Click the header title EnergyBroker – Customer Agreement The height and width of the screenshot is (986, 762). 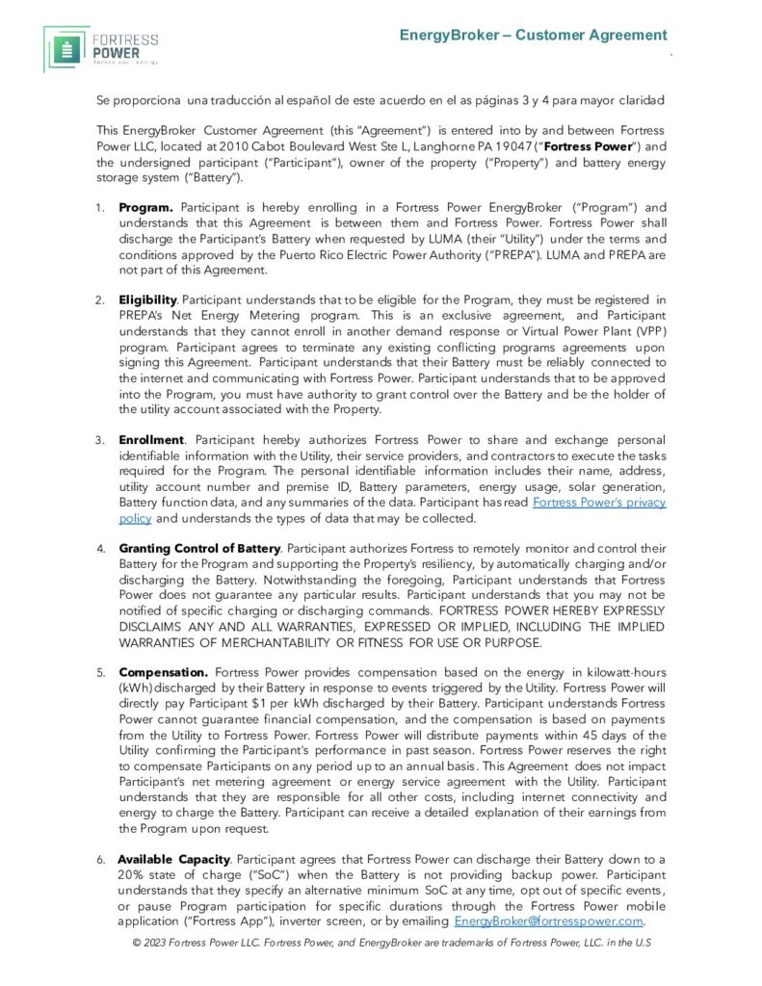pos(534,36)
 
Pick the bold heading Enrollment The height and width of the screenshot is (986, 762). pos(150,440)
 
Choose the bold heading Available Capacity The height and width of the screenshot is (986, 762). pos(174,858)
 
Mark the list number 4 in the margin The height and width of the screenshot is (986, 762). pos(100,549)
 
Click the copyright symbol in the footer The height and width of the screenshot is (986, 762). pos(137,942)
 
